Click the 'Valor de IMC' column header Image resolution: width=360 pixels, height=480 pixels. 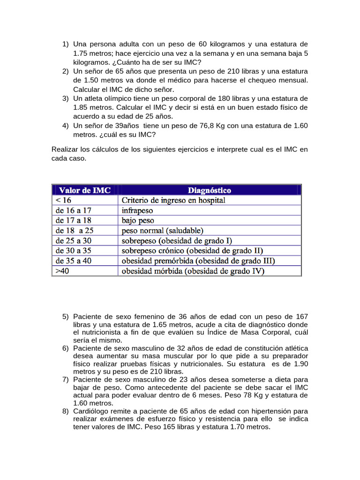click(85, 190)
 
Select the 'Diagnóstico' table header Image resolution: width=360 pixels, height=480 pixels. click(209, 190)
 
